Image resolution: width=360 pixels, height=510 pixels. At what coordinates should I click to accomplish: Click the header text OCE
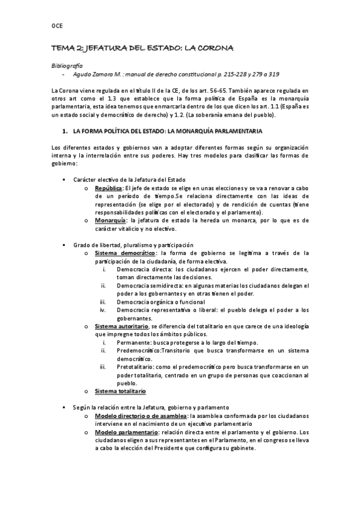pos(56,26)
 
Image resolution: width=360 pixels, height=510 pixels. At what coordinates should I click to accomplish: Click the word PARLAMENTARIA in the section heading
pos(231,131)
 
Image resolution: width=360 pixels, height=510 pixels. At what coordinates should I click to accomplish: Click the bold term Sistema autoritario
pos(120,326)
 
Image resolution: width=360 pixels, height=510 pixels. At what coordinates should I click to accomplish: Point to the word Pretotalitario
pos(138,366)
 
